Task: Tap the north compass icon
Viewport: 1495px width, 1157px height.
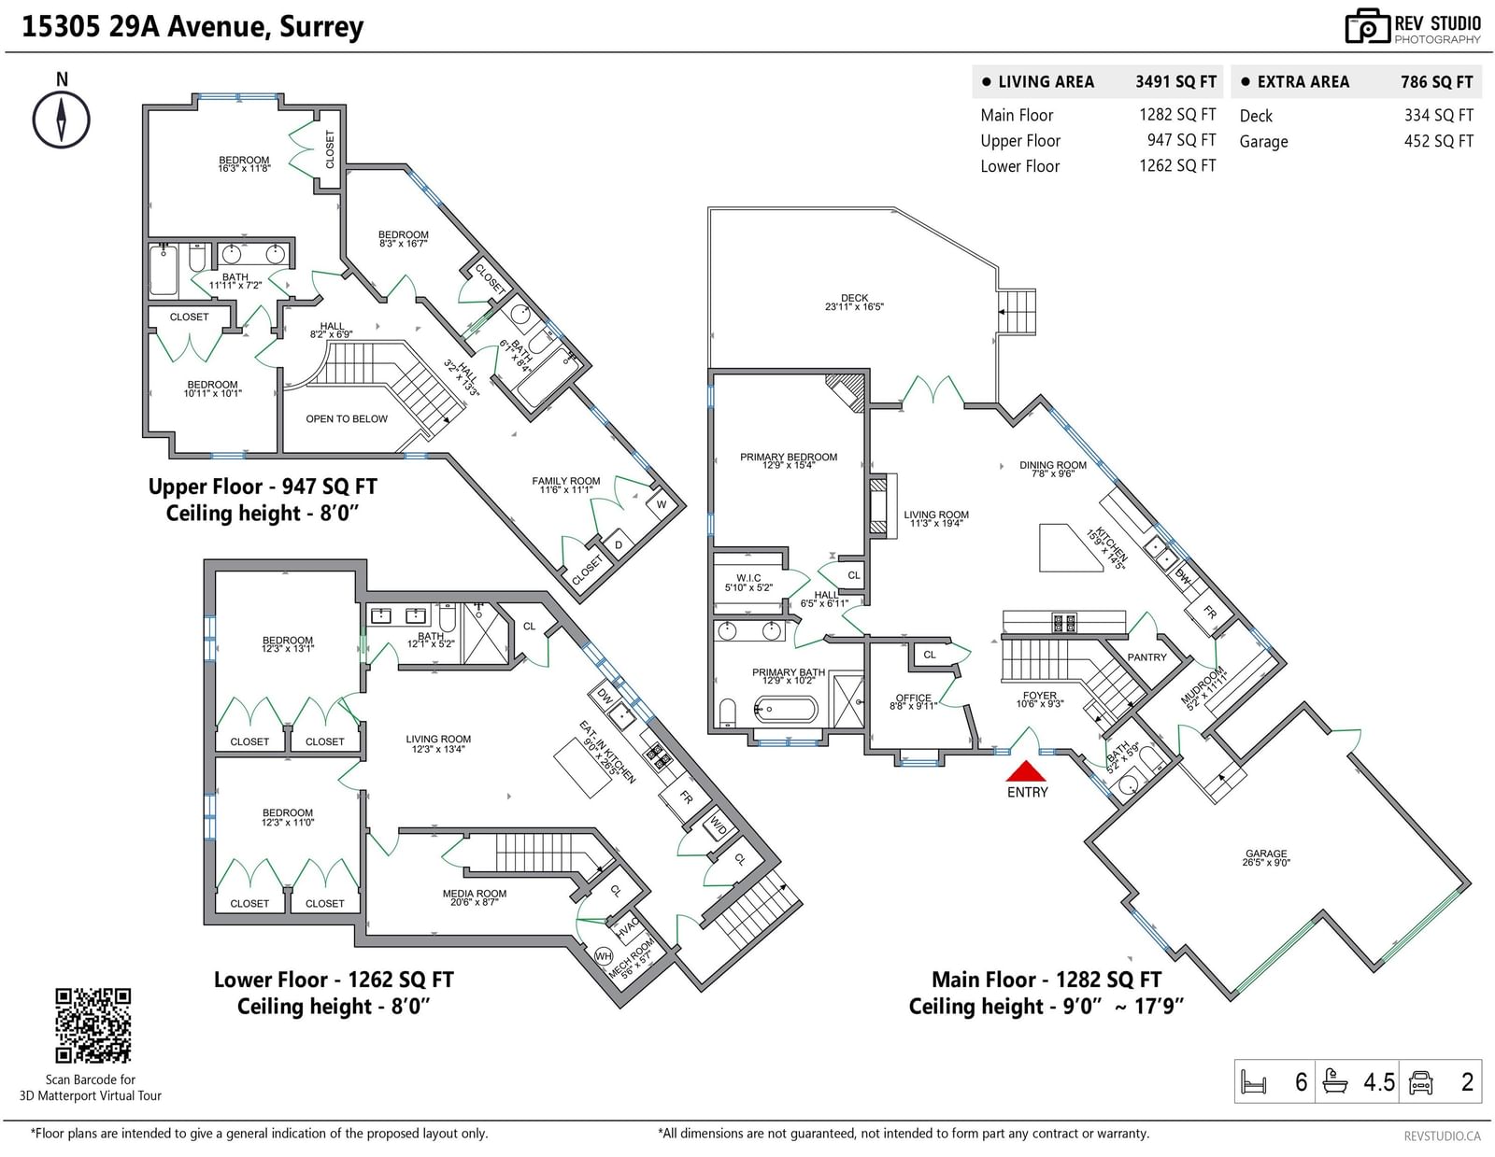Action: [x=62, y=120]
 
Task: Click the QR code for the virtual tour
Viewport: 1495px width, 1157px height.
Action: [x=93, y=1025]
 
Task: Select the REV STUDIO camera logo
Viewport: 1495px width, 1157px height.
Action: [x=1366, y=27]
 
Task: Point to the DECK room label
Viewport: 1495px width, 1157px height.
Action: [x=854, y=298]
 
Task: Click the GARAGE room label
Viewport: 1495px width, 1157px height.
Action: [x=1266, y=854]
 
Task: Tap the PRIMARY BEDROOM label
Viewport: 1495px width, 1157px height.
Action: [x=789, y=457]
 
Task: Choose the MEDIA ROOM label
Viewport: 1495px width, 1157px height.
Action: [x=474, y=893]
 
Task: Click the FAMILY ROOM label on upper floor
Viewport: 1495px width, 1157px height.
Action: [x=565, y=481]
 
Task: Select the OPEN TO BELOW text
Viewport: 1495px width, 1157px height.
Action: [x=347, y=418]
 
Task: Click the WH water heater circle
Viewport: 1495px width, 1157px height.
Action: [x=604, y=955]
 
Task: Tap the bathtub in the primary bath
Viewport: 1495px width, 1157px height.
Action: [x=786, y=709]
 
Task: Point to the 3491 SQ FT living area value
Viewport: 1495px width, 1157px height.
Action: [x=1175, y=82]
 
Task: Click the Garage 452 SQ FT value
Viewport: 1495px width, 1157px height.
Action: [x=1439, y=141]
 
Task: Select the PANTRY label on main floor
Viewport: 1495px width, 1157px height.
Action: [x=1146, y=657]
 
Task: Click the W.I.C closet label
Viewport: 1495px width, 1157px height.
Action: [x=748, y=577]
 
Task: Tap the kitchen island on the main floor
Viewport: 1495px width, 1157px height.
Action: [x=1069, y=548]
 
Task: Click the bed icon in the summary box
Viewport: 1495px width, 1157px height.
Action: [x=1253, y=1081]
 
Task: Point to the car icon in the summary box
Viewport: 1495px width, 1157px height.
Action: [x=1420, y=1082]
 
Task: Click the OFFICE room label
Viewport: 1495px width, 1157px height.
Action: [x=913, y=697]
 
